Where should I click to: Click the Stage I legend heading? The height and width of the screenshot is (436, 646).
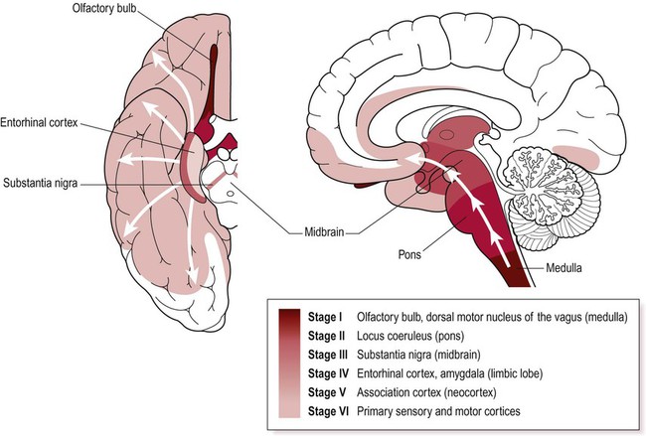(x=335, y=317)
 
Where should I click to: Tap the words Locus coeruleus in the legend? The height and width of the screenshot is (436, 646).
(x=416, y=337)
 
